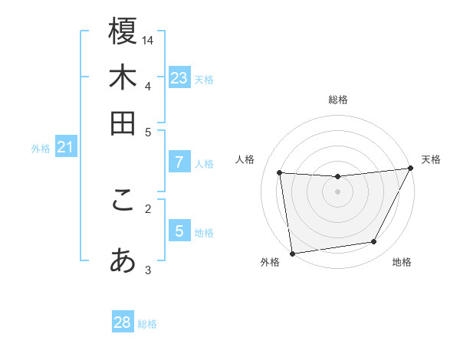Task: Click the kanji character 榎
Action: pos(123,31)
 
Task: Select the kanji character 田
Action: pos(123,123)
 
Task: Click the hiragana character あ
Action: pos(123,261)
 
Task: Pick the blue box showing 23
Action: pos(179,78)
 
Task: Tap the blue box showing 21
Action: pos(65,147)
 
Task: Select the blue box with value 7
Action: pos(179,162)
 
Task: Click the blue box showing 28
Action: pos(123,322)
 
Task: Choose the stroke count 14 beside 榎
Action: pos(148,40)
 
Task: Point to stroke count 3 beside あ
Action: pos(148,270)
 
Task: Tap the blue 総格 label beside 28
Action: pos(148,324)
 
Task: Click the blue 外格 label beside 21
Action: pos(41,149)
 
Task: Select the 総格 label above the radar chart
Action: pos(337,100)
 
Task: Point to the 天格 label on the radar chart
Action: pos(432,159)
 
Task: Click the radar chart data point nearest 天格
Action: pos(410,169)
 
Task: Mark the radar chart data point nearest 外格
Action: pos(292,253)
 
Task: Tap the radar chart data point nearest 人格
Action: pos(280,173)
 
